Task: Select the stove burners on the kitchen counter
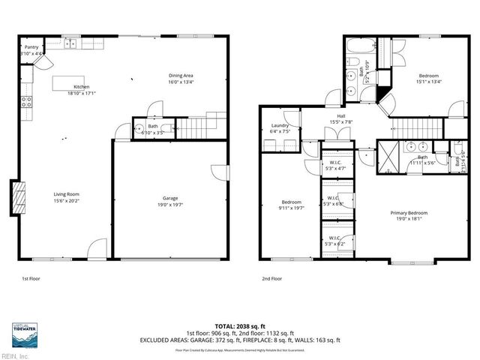click(x=26, y=103)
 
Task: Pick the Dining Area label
click(x=181, y=76)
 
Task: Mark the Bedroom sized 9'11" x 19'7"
click(x=291, y=205)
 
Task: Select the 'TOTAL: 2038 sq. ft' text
click(x=239, y=325)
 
